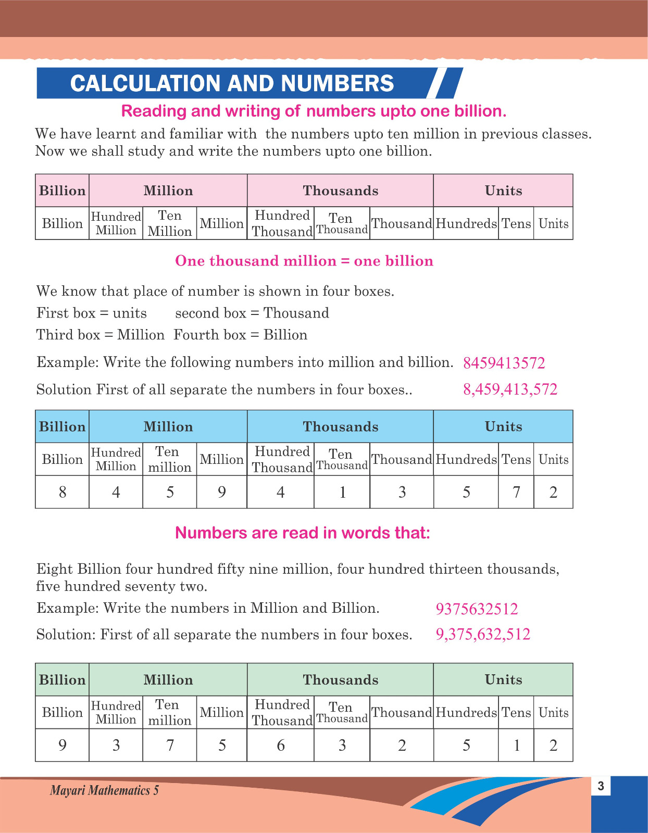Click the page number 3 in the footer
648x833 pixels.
(x=601, y=786)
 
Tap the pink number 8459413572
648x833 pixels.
(x=504, y=363)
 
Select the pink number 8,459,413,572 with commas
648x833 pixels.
(x=510, y=389)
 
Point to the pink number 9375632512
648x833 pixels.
(x=477, y=609)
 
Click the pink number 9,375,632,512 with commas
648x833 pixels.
(x=483, y=634)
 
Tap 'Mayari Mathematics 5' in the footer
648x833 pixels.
(x=104, y=790)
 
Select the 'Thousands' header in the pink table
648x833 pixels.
(x=341, y=191)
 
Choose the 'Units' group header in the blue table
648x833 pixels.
(x=503, y=426)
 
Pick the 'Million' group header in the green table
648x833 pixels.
(x=168, y=679)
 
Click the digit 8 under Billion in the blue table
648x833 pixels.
(x=63, y=492)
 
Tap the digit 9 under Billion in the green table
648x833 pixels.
(x=63, y=745)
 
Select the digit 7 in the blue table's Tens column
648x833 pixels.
(x=516, y=492)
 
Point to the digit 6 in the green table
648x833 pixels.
(x=281, y=745)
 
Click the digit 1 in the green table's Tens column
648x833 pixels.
(x=516, y=745)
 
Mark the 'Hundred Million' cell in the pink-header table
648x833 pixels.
(x=116, y=223)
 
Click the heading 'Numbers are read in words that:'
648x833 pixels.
(x=303, y=533)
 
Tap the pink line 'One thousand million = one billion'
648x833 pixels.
(x=304, y=261)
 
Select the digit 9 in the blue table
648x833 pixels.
(x=222, y=492)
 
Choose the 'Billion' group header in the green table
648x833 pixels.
(x=63, y=679)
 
